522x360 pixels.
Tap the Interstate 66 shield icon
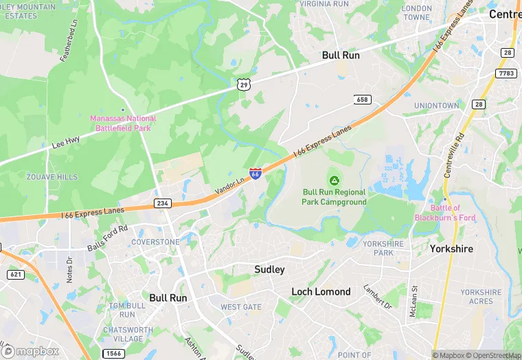tap(255, 173)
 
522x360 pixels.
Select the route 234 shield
tap(161, 204)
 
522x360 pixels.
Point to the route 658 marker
tap(362, 100)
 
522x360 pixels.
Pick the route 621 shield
tap(15, 274)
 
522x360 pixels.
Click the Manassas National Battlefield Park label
tap(123, 123)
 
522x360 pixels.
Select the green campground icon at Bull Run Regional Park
tap(334, 181)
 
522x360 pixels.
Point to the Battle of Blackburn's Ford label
tap(446, 212)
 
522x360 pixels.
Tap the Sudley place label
tap(269, 269)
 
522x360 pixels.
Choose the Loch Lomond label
tap(321, 291)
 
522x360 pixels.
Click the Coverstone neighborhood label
tap(155, 242)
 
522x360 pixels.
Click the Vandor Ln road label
tap(230, 187)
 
